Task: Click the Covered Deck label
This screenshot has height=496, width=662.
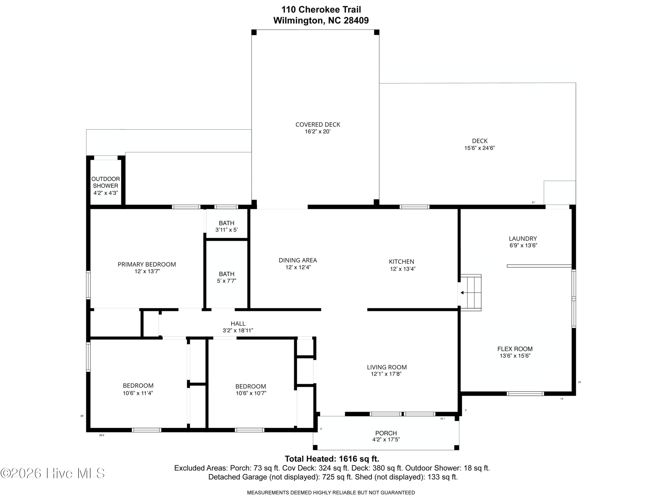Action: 318,124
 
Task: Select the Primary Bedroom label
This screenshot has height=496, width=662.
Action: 147,264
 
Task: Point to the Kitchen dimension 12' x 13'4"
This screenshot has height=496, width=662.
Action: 402,269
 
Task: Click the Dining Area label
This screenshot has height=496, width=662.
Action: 298,260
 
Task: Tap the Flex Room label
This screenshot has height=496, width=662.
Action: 515,349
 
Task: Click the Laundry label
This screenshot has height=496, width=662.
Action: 523,239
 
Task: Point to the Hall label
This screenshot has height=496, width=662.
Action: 238,323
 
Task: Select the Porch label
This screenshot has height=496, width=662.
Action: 386,433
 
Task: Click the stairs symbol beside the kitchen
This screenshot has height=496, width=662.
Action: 470,292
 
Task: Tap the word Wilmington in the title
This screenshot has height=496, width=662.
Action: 298,20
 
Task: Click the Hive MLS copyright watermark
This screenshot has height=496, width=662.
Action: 53,473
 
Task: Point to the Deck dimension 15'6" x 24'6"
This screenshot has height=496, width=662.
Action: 480,148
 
